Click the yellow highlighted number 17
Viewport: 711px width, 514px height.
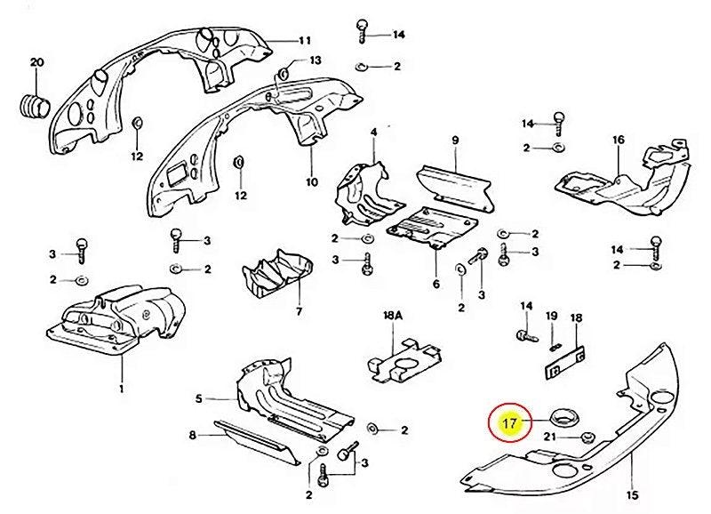pos(509,423)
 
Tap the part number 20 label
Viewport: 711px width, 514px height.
pos(36,62)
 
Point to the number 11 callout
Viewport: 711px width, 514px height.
pos(304,41)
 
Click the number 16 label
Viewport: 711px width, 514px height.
pos(619,140)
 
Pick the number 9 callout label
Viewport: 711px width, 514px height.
pos(454,141)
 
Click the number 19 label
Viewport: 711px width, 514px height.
pos(551,317)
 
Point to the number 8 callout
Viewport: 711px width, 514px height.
pos(191,435)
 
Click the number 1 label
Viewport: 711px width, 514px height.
pos(121,389)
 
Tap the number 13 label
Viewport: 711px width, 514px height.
pos(314,60)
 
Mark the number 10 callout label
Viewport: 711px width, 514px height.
pos(311,181)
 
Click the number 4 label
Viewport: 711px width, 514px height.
pos(374,133)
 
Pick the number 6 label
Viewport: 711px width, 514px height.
pos(435,284)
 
